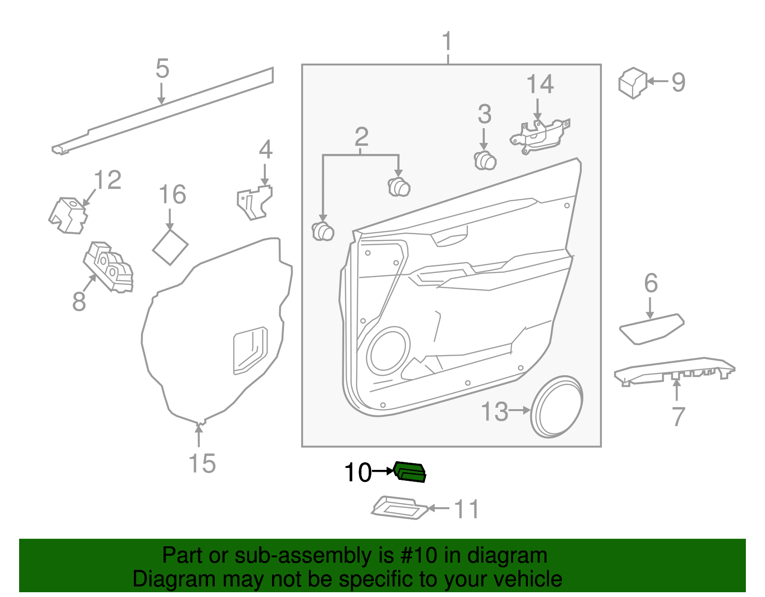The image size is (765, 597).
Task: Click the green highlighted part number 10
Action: click(x=410, y=472)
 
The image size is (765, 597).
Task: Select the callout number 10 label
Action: click(x=358, y=473)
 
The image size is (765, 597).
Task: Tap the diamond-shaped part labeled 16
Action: click(x=170, y=247)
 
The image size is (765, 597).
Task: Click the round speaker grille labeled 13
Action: click(x=557, y=407)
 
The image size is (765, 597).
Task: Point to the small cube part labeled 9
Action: click(x=632, y=83)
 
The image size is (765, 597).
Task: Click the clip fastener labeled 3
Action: click(x=485, y=160)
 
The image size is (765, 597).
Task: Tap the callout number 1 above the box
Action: click(x=447, y=42)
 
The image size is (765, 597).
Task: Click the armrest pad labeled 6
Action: click(x=651, y=329)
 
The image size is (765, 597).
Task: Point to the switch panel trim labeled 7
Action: click(x=674, y=370)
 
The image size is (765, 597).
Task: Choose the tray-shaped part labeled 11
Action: click(x=400, y=508)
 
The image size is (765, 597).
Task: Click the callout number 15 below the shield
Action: click(x=202, y=463)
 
